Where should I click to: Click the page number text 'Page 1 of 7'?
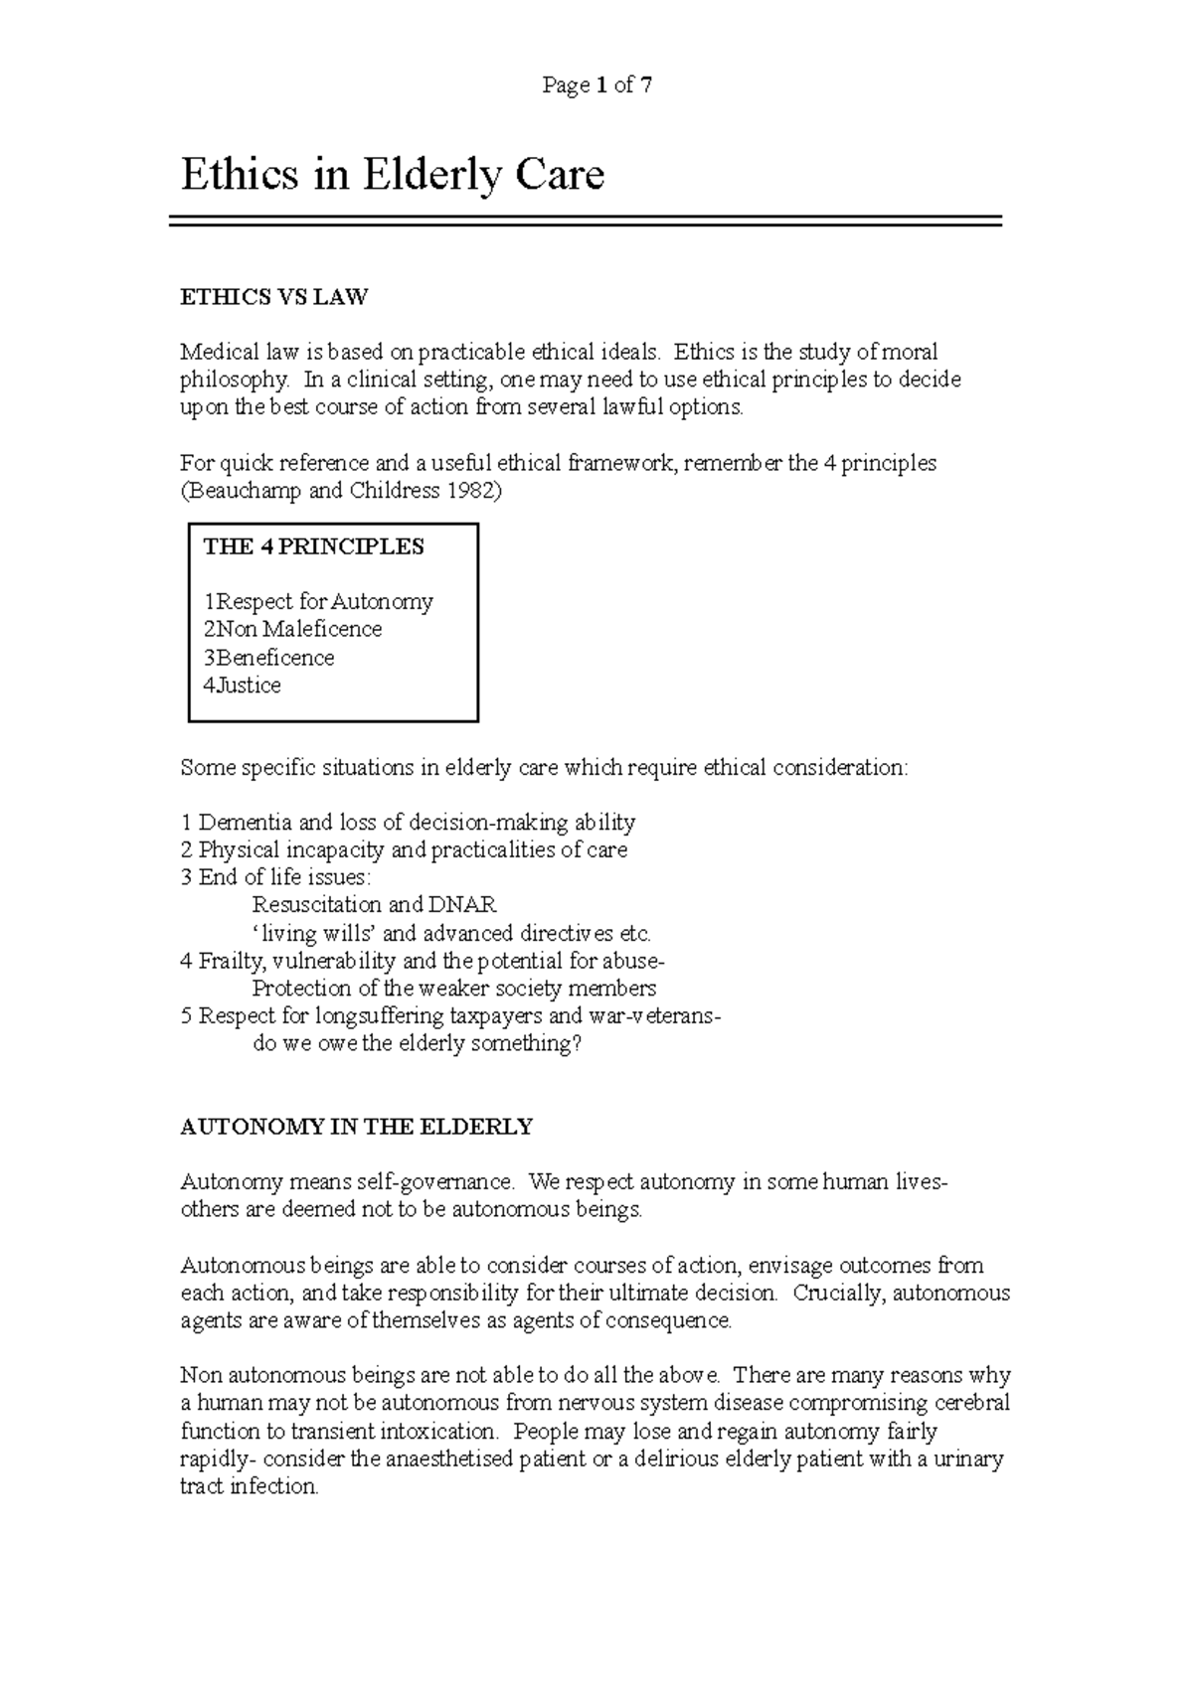tap(596, 85)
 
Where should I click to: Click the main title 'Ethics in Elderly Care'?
tap(392, 176)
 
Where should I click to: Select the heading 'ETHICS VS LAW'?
tap(273, 296)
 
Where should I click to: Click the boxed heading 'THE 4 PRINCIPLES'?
tap(313, 546)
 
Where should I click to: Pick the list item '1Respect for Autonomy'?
tap(318, 602)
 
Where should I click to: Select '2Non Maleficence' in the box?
tap(292, 630)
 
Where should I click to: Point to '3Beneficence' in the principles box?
tap(268, 658)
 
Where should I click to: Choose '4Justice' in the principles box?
tap(242, 686)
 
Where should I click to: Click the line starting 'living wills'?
tap(452, 934)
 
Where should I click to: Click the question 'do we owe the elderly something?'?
tap(417, 1044)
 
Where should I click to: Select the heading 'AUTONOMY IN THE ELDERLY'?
tap(356, 1127)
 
